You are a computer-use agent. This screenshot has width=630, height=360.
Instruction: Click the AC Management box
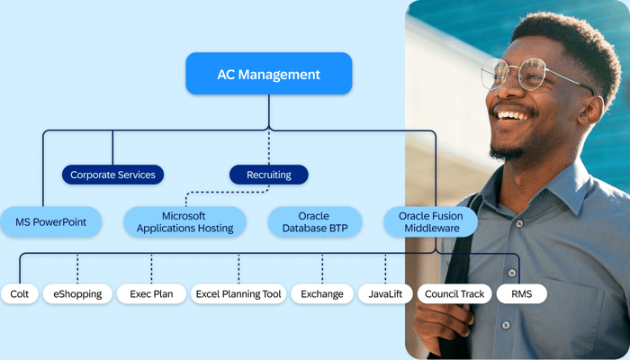[x=268, y=74]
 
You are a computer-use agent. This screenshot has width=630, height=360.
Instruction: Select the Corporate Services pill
[x=112, y=175]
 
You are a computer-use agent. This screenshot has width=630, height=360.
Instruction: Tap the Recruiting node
[x=268, y=175]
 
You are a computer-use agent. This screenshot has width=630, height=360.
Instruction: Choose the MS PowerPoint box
[x=50, y=222]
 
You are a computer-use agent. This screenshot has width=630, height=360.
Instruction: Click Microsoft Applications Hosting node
[x=184, y=222]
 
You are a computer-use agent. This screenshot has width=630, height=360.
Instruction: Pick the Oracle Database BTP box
[x=315, y=222]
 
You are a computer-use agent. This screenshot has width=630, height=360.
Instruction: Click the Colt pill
[x=20, y=293]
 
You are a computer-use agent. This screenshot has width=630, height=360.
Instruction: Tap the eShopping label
[x=77, y=293]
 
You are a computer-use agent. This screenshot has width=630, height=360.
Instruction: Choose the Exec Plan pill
[x=151, y=293]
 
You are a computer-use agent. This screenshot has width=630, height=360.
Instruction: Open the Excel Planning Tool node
[x=238, y=293]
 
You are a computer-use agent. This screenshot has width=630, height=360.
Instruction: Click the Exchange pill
[x=322, y=293]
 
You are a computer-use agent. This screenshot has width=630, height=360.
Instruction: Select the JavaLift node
[x=385, y=293]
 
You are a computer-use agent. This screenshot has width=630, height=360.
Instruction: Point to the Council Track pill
[x=454, y=293]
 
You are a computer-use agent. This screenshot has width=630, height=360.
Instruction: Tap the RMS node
[x=521, y=293]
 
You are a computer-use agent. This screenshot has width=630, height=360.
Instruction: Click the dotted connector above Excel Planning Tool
[x=238, y=268]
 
